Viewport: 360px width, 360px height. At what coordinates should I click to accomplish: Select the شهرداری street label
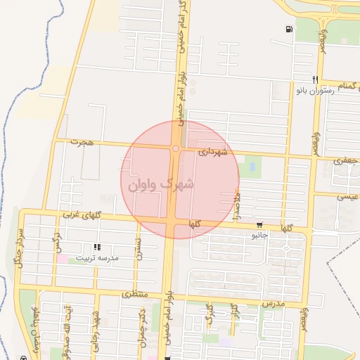click(x=212, y=151)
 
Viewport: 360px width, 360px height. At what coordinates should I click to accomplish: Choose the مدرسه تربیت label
click(x=98, y=258)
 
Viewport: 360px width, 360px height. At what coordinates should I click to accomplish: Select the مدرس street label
click(x=272, y=303)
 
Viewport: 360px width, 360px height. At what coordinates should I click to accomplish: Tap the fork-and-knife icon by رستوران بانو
click(x=317, y=79)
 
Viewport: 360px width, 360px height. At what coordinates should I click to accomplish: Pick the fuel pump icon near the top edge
click(x=290, y=29)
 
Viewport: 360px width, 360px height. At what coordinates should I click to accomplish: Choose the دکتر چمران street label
click(x=141, y=321)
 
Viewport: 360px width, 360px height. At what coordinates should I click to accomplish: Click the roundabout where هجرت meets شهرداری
click(x=174, y=148)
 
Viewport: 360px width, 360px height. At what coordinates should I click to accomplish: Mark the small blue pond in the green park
click(x=252, y=167)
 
